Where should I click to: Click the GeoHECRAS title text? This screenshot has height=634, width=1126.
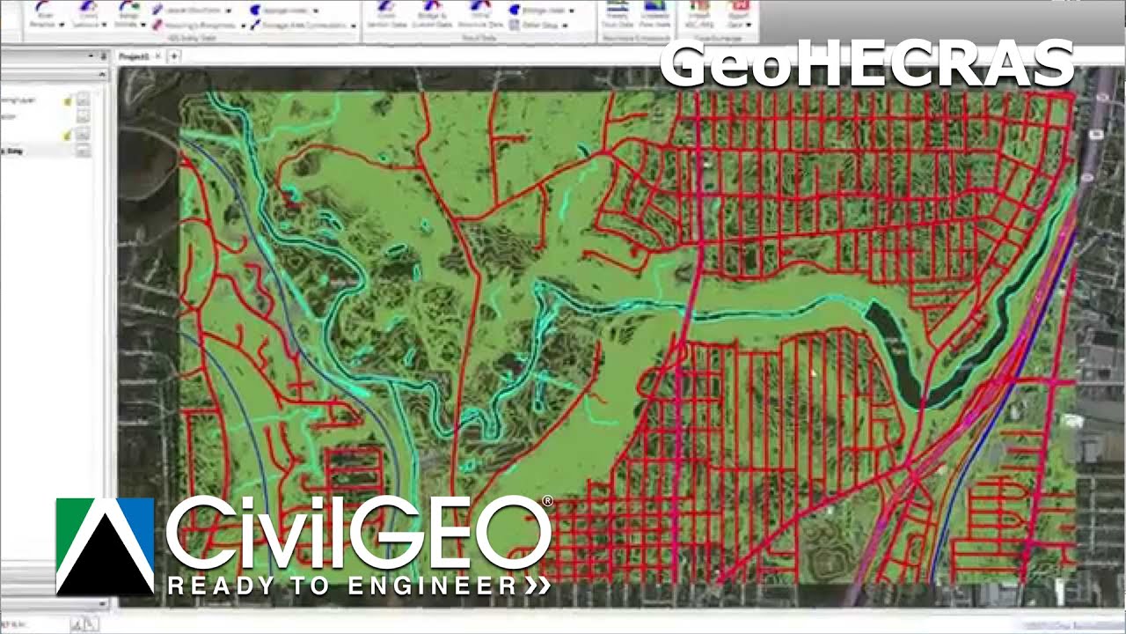866,63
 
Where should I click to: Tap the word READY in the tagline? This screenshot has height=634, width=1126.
208,586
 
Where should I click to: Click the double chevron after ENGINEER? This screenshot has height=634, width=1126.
538,586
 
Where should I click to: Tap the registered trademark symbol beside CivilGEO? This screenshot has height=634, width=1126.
547,501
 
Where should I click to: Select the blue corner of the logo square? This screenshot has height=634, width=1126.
140,514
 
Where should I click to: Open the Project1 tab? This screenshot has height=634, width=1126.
135,56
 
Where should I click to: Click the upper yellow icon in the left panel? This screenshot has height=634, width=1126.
68,102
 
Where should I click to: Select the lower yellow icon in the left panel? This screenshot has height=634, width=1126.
68,136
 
